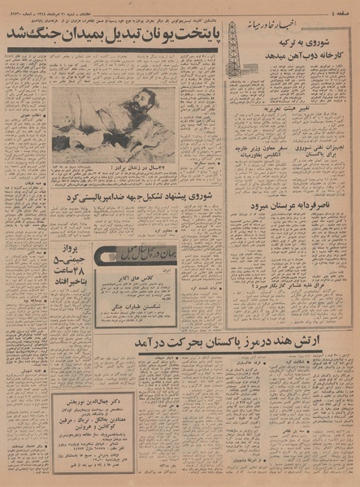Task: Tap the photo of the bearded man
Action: click(114, 123)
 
